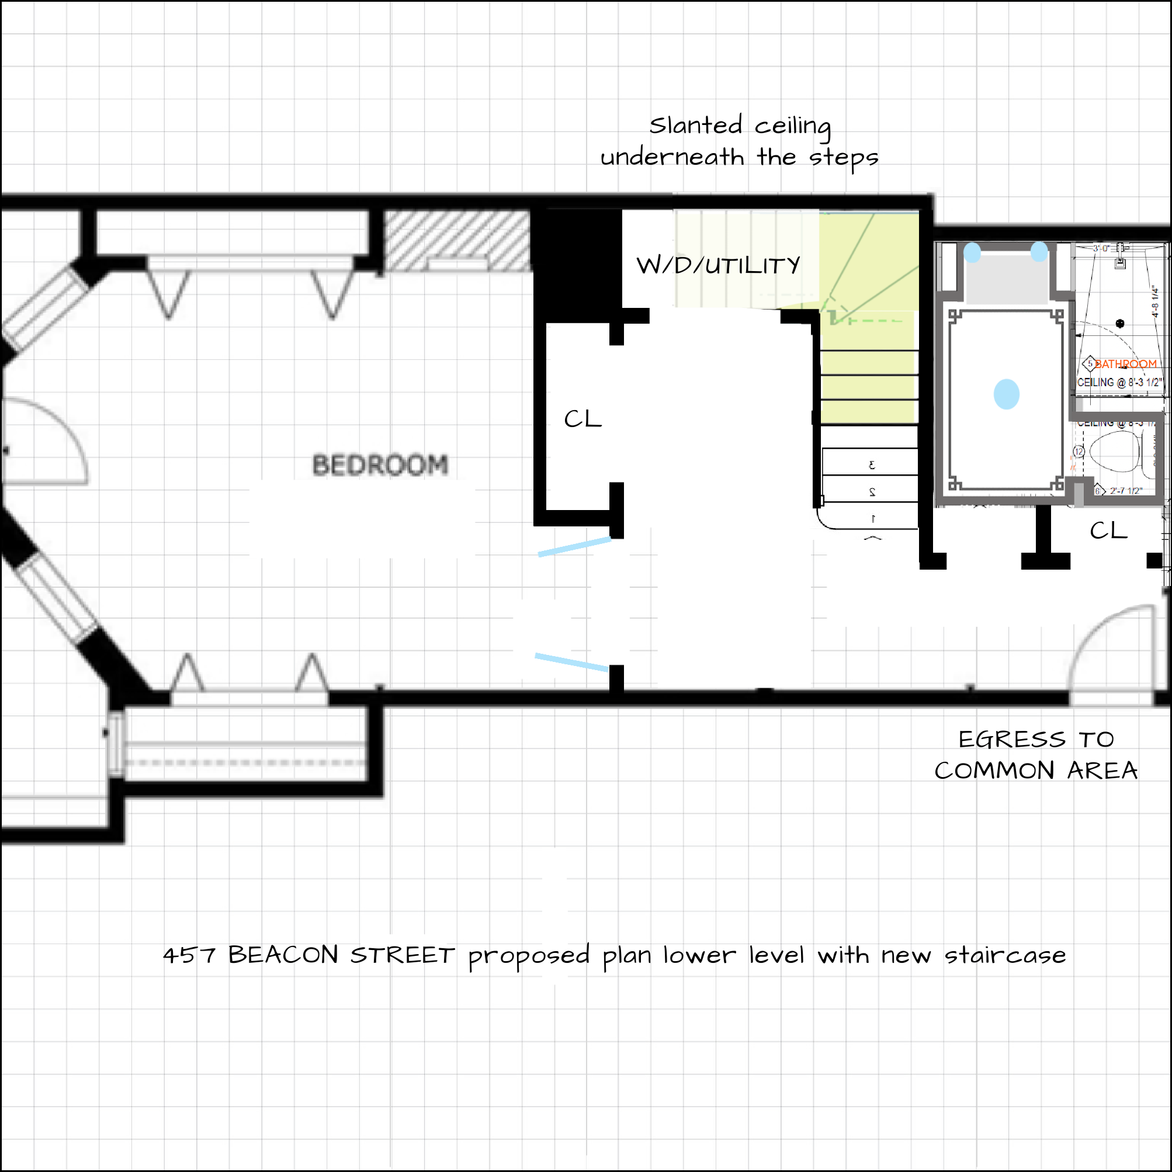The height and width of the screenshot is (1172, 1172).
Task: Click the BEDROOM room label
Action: (x=380, y=465)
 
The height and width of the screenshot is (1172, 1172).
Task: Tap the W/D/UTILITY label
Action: (x=718, y=266)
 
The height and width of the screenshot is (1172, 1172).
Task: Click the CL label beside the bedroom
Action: (x=582, y=419)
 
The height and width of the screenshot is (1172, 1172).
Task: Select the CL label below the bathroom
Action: (x=1108, y=531)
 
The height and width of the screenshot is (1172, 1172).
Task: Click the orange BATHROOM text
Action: (x=1125, y=364)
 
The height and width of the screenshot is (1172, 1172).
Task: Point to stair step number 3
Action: (x=872, y=465)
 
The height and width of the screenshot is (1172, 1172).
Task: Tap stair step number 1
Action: (x=873, y=519)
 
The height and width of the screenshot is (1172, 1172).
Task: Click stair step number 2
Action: (x=872, y=492)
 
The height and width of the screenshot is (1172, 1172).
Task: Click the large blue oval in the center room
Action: (x=1007, y=394)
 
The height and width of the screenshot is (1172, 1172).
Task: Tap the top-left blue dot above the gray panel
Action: (x=972, y=252)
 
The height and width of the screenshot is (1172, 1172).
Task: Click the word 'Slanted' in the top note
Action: (x=695, y=126)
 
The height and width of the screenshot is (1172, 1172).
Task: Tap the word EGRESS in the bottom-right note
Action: (x=1011, y=740)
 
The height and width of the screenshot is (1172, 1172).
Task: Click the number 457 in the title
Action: (x=189, y=956)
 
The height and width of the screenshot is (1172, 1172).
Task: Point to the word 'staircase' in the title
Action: (x=1004, y=955)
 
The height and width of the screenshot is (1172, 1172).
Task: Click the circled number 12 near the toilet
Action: (x=1079, y=451)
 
